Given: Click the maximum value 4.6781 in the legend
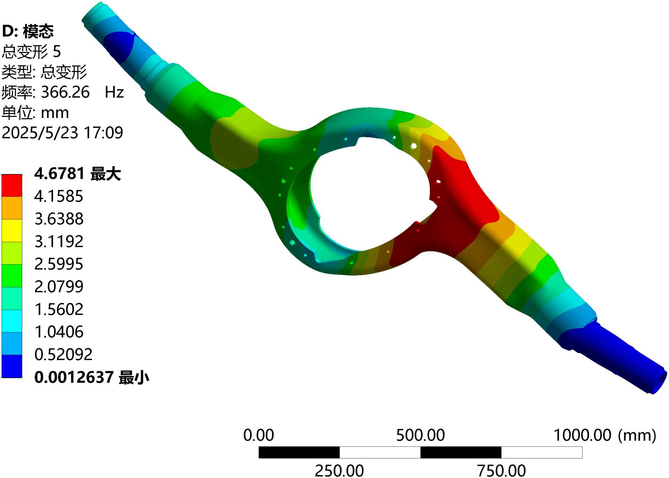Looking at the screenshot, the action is [x=59, y=174].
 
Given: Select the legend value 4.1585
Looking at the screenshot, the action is [x=59, y=196].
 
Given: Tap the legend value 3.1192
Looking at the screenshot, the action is [x=59, y=241].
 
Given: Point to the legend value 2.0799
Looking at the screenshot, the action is [x=59, y=287].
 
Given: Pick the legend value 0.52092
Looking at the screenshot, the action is [x=64, y=354].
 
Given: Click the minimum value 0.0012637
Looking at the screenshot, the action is [x=74, y=377].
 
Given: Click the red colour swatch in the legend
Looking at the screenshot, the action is [x=12, y=185].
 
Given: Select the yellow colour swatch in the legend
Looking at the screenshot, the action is [x=12, y=230].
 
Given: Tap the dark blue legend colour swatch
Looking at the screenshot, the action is [x=12, y=366].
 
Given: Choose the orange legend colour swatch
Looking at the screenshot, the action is [x=12, y=208].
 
